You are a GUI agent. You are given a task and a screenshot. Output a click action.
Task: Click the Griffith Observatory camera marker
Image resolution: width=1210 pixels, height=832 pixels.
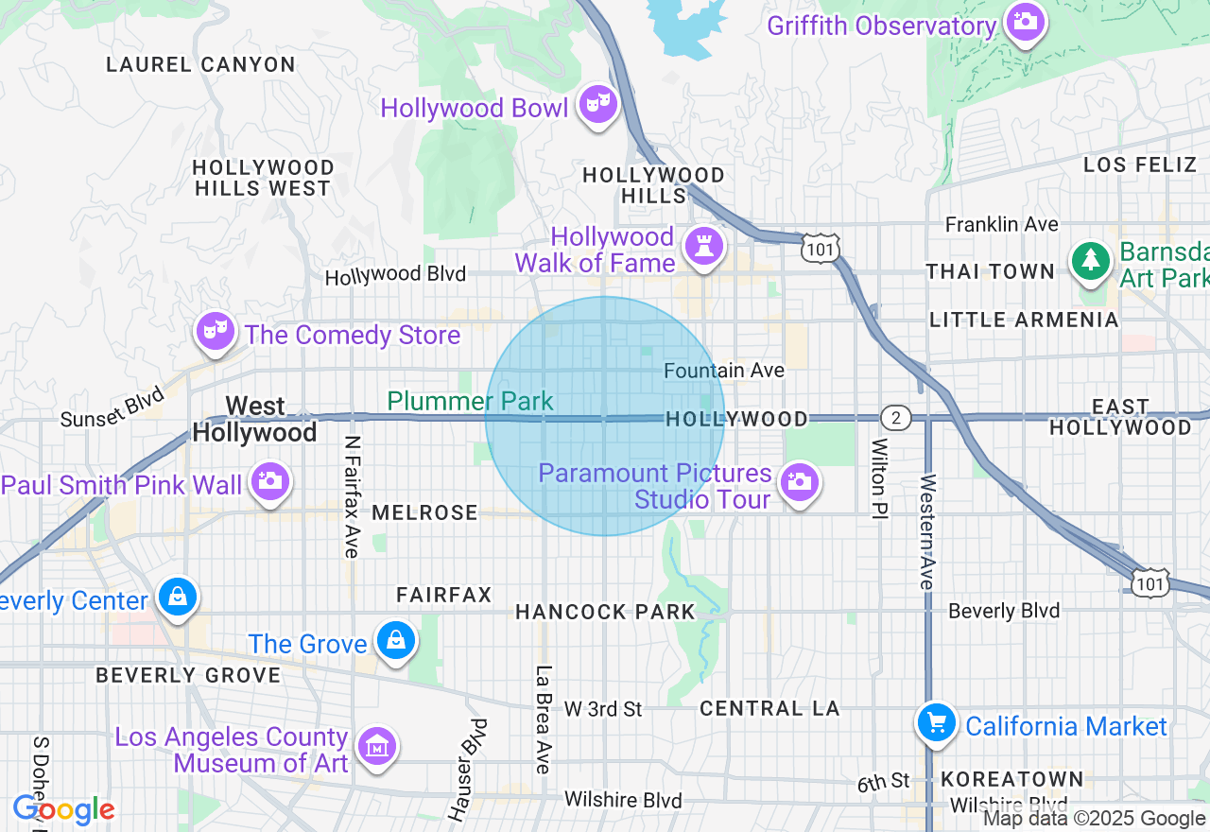point(1026,21)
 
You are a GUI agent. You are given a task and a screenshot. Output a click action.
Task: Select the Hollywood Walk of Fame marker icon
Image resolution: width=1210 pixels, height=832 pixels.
point(703,247)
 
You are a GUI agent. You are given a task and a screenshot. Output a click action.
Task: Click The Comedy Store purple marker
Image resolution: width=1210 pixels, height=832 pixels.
point(216,331)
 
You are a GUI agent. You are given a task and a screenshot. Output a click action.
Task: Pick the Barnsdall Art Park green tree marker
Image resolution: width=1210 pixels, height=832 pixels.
point(1091,259)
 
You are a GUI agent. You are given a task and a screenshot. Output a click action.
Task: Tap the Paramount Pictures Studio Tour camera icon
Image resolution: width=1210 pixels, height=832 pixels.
point(800,482)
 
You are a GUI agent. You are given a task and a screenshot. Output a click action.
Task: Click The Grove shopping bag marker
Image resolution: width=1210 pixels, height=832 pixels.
point(396,641)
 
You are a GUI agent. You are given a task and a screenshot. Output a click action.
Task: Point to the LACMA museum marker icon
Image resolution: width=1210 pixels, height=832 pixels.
point(377,747)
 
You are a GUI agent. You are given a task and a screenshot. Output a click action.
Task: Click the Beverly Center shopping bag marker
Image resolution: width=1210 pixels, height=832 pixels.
point(177,598)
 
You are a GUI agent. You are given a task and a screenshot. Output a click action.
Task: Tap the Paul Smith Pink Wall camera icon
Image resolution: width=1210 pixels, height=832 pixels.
point(270,481)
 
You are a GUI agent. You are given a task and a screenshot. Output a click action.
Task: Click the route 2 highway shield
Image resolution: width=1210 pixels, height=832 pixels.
point(894,417)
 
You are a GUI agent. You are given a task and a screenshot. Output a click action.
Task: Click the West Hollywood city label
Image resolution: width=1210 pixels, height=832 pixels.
point(255,419)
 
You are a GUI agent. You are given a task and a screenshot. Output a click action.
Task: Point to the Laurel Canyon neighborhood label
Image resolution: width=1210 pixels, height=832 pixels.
point(200,64)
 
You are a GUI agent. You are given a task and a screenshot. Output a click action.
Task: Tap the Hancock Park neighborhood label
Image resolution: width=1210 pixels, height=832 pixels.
point(605,612)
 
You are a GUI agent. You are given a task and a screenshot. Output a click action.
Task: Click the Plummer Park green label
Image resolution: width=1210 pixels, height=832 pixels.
point(470,401)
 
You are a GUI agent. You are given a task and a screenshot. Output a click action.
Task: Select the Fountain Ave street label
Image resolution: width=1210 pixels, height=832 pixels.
point(723,371)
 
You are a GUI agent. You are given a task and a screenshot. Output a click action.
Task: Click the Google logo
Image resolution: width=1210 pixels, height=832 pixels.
point(64,810)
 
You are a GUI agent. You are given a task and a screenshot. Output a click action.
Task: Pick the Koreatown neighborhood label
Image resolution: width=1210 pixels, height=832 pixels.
point(1011,780)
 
